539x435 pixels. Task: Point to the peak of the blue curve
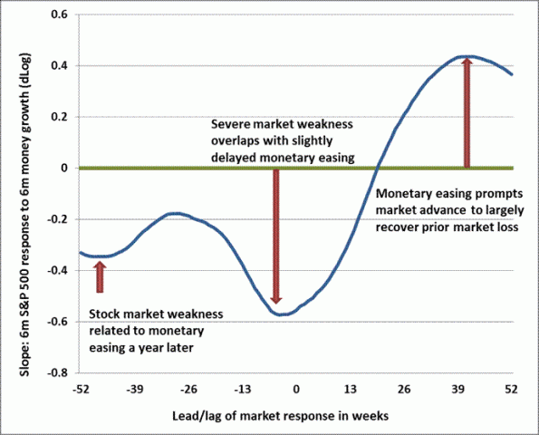click(x=464, y=56)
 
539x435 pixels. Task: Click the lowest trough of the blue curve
click(x=282, y=314)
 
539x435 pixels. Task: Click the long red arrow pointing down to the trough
click(x=277, y=236)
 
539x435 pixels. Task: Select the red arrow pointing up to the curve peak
click(x=467, y=113)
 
